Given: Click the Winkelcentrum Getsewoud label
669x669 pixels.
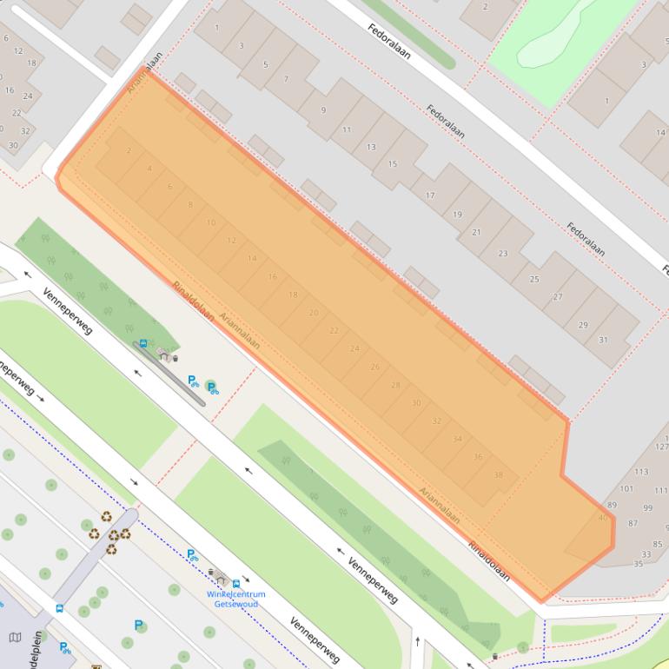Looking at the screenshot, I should coord(235,599).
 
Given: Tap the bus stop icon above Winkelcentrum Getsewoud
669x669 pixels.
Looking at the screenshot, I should coord(236,583).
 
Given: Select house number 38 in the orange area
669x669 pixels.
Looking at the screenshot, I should coord(498,475).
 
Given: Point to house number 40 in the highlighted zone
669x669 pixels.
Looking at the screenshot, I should coord(603,518).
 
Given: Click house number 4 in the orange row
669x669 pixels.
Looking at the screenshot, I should coord(149,169).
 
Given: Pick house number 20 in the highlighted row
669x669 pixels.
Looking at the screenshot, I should coord(314,313).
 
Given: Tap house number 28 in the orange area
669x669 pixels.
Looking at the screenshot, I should coord(395,385).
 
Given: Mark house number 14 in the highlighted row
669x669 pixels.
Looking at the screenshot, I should coord(252,258).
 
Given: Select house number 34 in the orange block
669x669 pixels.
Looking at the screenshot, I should coord(457,439).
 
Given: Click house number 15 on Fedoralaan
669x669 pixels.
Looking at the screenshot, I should coord(392,164).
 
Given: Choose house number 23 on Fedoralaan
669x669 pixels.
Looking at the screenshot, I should coord(503,254).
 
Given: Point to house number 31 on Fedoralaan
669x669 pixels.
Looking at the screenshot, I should coord(603,340).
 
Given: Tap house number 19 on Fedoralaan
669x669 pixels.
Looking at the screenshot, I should coord(458,215).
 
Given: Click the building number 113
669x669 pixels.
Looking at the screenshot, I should coord(641,472).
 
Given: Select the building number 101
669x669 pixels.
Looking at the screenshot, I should coord(626,489).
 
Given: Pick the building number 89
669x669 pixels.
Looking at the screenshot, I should coord(612,505).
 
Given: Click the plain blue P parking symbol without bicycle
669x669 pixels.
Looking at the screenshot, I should coord(138,625).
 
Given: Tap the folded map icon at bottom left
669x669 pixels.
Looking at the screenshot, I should coord(15,638).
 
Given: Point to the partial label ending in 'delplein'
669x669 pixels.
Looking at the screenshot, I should coord(38,647).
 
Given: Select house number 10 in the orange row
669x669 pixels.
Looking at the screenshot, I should coord(210,222).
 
